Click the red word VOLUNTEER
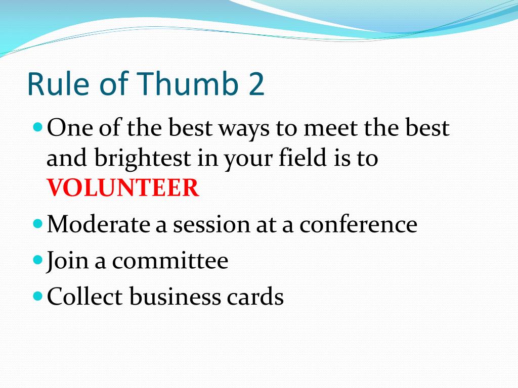(123, 187)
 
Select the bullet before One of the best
(38, 127)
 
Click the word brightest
(143, 158)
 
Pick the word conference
(359, 224)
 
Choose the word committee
(170, 261)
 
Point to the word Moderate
(99, 224)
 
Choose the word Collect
(85, 296)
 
